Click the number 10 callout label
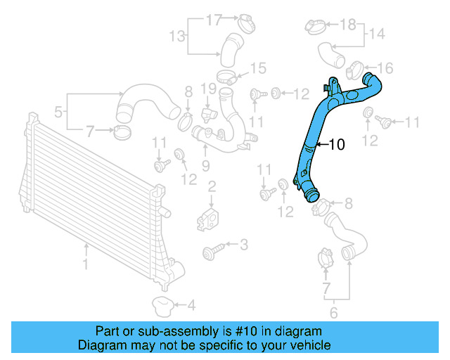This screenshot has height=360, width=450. pyautogui.click(x=336, y=145)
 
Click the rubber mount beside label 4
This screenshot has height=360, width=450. pyautogui.click(x=162, y=306)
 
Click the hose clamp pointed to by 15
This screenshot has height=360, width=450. pyautogui.click(x=226, y=77)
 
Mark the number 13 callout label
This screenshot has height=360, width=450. pyautogui.click(x=176, y=36)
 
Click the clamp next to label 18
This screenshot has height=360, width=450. pyautogui.click(x=316, y=27)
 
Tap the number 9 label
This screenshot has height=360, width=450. pyautogui.click(x=205, y=165)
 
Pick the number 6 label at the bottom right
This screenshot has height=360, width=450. pyautogui.click(x=334, y=313)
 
